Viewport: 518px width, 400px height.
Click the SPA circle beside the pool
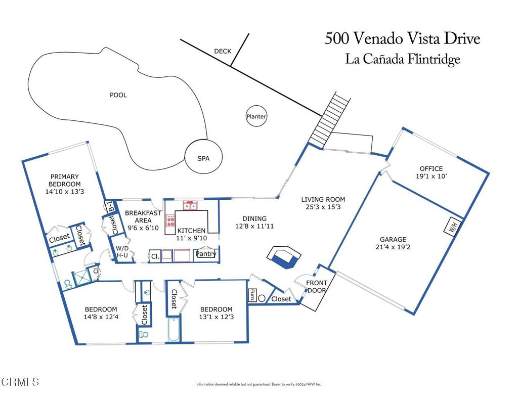(203, 158)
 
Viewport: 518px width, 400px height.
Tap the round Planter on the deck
(256, 116)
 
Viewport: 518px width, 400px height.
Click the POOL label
(118, 95)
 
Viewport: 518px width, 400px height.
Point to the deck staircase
(330, 119)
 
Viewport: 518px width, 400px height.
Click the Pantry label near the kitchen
(206, 253)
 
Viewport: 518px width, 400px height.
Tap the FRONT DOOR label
(317, 286)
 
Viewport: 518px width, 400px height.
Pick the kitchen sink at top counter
(190, 205)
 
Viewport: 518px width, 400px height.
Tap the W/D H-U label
(122, 252)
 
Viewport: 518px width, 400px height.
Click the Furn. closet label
(251, 295)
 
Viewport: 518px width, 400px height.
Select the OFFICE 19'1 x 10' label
(431, 172)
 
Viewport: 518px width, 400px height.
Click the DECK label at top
(222, 51)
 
